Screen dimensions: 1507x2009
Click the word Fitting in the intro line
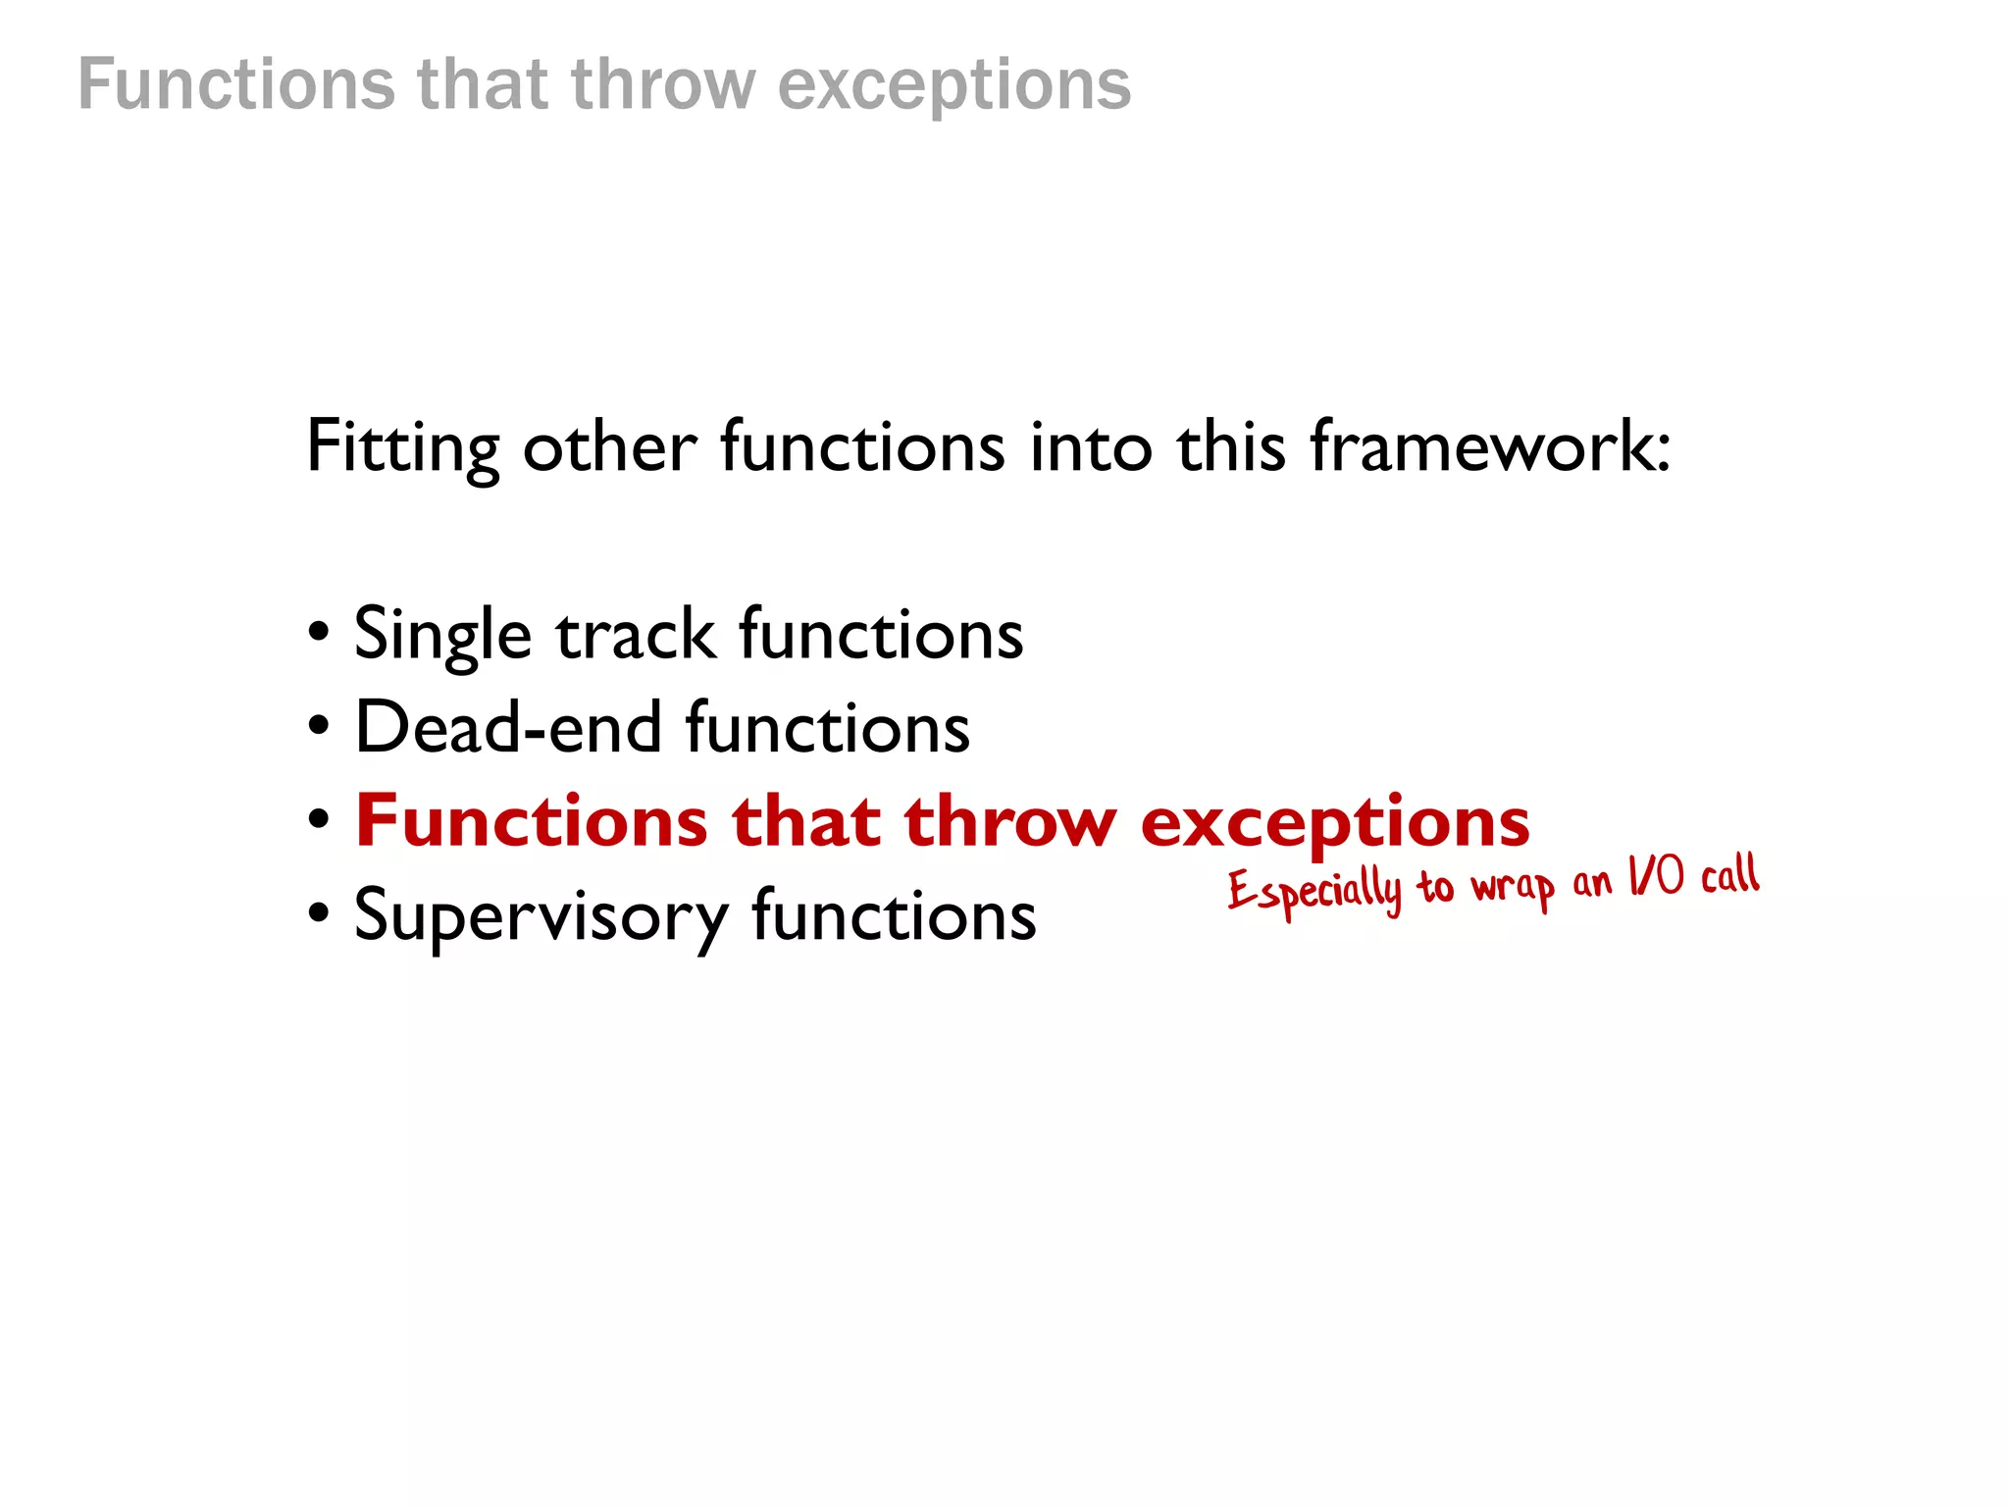coord(402,447)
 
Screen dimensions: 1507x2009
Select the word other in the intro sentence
coord(609,447)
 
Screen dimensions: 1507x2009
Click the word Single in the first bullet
coord(442,636)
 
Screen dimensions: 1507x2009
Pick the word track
coord(636,634)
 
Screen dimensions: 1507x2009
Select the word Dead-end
coord(508,728)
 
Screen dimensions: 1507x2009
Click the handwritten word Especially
coord(1314,891)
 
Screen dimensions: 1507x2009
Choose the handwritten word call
coord(1730,874)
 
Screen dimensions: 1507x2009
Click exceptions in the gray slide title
coord(954,85)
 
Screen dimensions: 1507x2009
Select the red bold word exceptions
coord(1334,822)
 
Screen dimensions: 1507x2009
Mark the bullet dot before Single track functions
coord(319,633)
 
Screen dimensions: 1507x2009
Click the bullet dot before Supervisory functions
coord(319,913)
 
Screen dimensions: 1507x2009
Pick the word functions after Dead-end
coord(828,728)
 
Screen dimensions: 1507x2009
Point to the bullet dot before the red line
coord(319,819)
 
